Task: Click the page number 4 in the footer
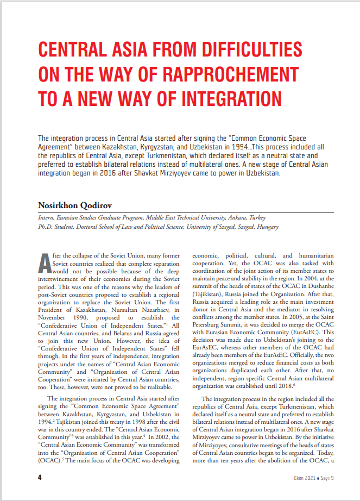pos(40,477)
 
